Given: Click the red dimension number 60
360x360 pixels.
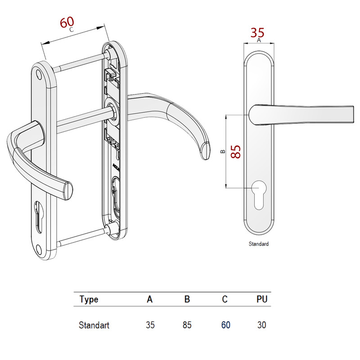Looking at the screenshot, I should pos(67,22).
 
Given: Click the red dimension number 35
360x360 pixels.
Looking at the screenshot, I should pos(258,32).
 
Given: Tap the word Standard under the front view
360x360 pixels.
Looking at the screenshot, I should pos(259,244).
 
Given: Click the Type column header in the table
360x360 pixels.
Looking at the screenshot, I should pos(89,299).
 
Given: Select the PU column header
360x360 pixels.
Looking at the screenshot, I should pos(262,299).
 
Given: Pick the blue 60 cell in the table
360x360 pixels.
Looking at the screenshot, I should pos(225,325).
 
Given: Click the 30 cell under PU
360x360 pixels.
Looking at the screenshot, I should pos(262,325).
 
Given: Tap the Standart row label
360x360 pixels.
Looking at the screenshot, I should pos(94,325).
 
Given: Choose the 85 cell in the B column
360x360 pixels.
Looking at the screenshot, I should pos(187,325).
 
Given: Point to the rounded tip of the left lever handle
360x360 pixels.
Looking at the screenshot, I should pos(67,189).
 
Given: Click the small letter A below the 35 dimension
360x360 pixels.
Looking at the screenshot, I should pos(259,40).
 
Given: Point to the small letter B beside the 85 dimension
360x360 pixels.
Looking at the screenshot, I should pos(223,152).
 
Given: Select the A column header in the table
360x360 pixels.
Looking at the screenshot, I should pos(150,299).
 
